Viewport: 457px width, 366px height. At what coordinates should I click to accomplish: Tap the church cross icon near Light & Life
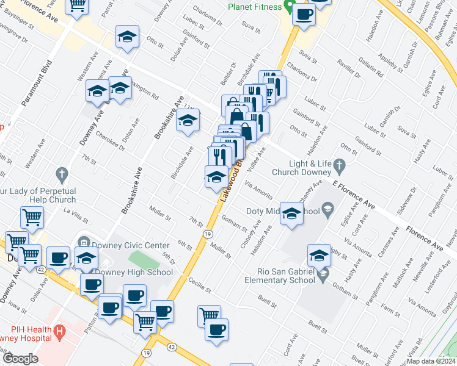341,164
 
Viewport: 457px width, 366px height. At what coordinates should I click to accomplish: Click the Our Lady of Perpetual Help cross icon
60,175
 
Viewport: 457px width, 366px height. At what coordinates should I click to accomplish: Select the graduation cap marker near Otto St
127,37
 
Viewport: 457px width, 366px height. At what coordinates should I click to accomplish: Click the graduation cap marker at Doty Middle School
292,213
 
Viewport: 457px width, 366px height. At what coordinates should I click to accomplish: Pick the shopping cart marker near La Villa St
32,217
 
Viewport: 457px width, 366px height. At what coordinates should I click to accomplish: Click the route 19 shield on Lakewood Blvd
208,234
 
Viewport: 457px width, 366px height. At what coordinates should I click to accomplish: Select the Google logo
20,359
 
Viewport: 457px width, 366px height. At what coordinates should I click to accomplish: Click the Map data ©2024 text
431,361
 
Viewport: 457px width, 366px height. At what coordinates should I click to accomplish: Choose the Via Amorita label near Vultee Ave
258,188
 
